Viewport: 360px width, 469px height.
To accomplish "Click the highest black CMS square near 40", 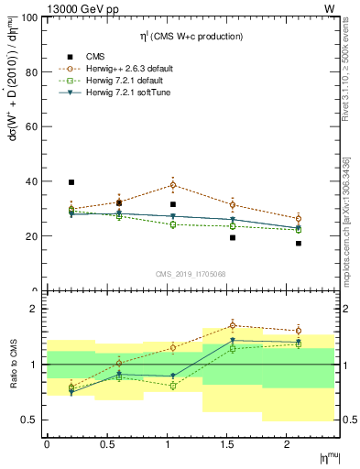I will (71, 182).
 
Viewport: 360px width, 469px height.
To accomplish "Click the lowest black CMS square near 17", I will (299, 243).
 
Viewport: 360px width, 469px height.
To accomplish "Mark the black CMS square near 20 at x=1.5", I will (233, 237).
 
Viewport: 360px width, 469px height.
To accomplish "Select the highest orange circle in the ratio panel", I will (233, 325).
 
